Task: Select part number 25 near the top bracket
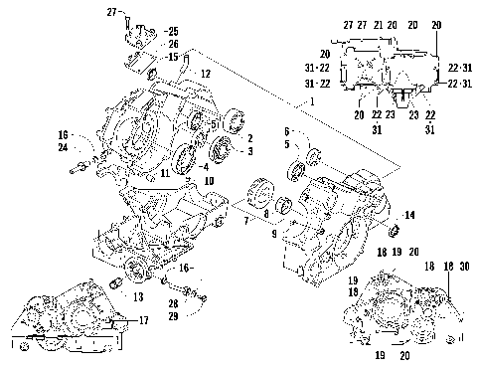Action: (173, 32)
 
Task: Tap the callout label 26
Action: (173, 45)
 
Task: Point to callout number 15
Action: (173, 57)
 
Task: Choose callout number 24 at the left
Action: (62, 148)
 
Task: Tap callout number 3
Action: (250, 151)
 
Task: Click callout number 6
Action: (287, 131)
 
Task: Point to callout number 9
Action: (273, 233)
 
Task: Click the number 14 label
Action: (410, 215)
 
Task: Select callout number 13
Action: (136, 296)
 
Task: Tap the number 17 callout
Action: (145, 320)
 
